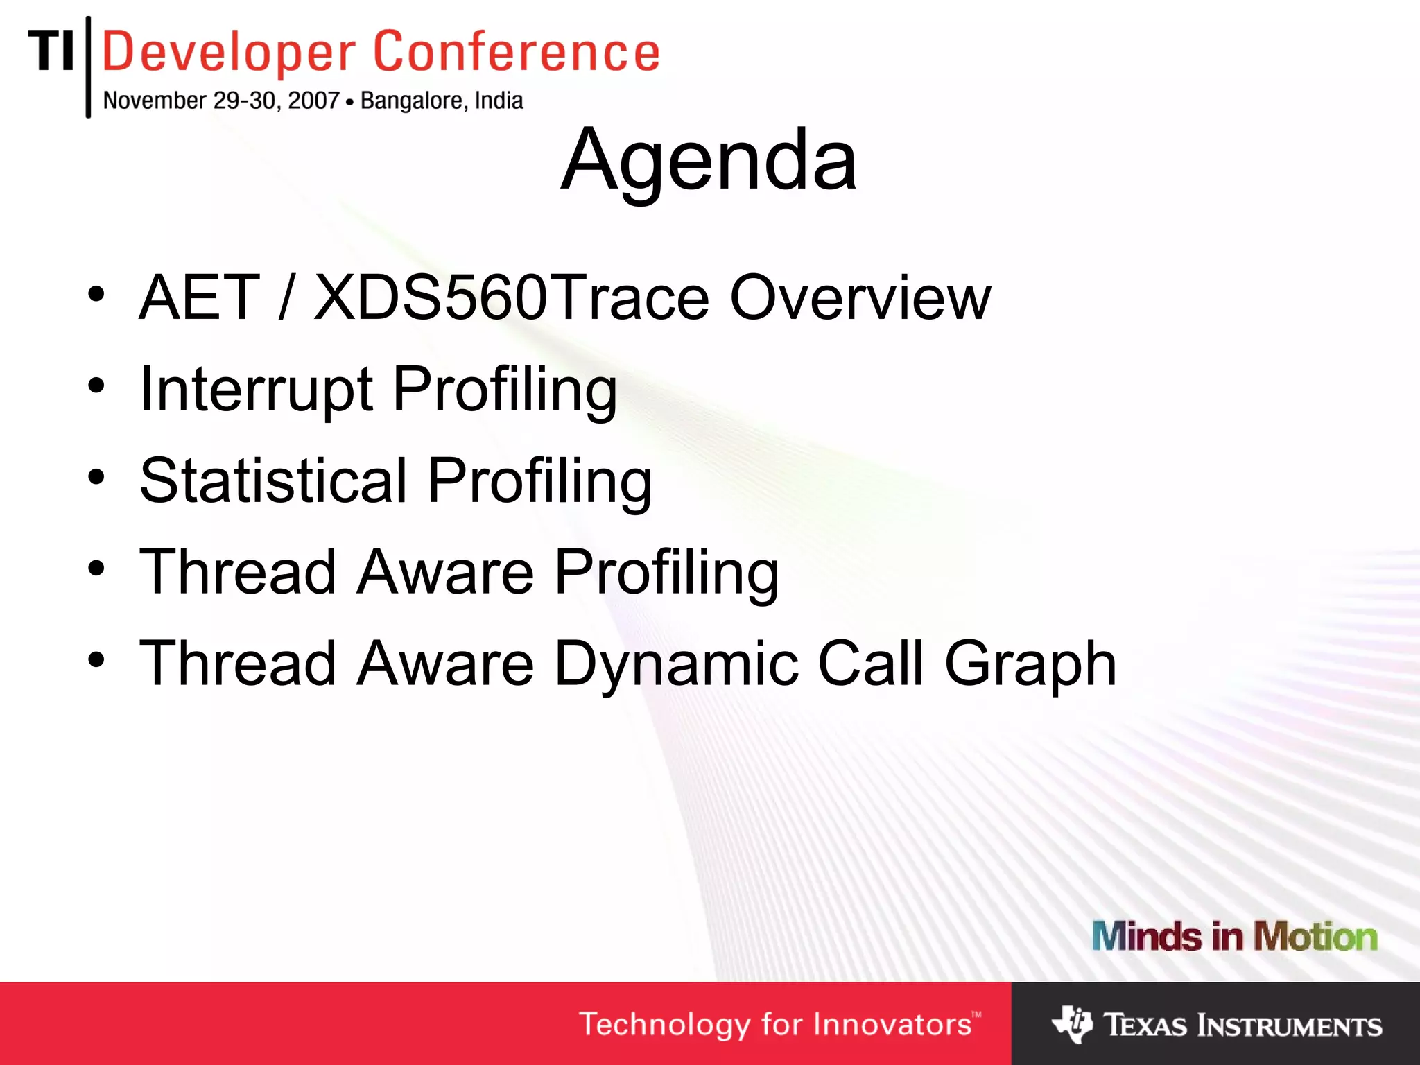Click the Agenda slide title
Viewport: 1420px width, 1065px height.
709,161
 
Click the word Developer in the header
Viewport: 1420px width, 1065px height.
229,53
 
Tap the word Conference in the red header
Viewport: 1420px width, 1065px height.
517,53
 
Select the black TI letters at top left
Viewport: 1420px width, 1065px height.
51,51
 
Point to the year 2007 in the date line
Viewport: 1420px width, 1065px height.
313,101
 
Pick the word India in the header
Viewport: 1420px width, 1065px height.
499,101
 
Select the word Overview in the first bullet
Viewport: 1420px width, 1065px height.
860,298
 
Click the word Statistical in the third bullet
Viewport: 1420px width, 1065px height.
273,481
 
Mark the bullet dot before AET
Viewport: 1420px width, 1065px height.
96,294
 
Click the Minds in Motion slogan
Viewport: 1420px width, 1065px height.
1234,937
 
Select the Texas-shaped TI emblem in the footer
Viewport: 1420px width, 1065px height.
1072,1024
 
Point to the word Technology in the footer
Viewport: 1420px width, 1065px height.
664,1025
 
